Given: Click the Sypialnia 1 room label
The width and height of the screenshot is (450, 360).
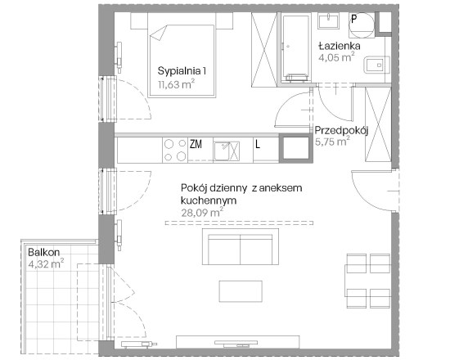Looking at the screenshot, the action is click(x=182, y=71).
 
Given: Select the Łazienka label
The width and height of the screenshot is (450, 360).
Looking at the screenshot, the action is click(x=340, y=46).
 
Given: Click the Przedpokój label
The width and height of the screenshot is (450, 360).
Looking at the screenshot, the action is click(x=341, y=131).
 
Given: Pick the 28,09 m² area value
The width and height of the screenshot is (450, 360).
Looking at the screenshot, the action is click(x=202, y=213).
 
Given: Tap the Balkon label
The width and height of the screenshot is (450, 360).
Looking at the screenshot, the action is click(x=44, y=252).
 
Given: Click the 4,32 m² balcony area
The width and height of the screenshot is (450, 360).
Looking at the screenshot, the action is click(x=46, y=263).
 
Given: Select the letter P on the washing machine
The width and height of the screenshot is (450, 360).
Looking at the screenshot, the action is click(x=354, y=19).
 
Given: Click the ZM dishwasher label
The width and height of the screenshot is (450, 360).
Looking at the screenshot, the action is click(x=196, y=144).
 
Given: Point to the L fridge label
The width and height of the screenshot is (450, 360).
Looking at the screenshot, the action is click(x=258, y=144).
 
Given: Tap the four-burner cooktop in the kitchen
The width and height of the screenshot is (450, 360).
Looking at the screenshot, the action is click(x=175, y=151).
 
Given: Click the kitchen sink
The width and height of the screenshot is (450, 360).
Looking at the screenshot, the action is click(x=227, y=151).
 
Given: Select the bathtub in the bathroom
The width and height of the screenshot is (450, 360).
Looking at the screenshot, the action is click(x=295, y=48).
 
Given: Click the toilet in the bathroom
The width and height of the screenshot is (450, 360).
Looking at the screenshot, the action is click(x=376, y=65).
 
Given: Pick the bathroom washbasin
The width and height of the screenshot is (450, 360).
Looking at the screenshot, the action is click(x=328, y=20).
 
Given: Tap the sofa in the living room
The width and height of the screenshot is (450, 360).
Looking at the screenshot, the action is click(x=241, y=246).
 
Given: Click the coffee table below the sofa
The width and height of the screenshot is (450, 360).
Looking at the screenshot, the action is click(x=241, y=291).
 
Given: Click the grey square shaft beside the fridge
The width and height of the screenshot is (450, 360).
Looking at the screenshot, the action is click(x=296, y=148).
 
